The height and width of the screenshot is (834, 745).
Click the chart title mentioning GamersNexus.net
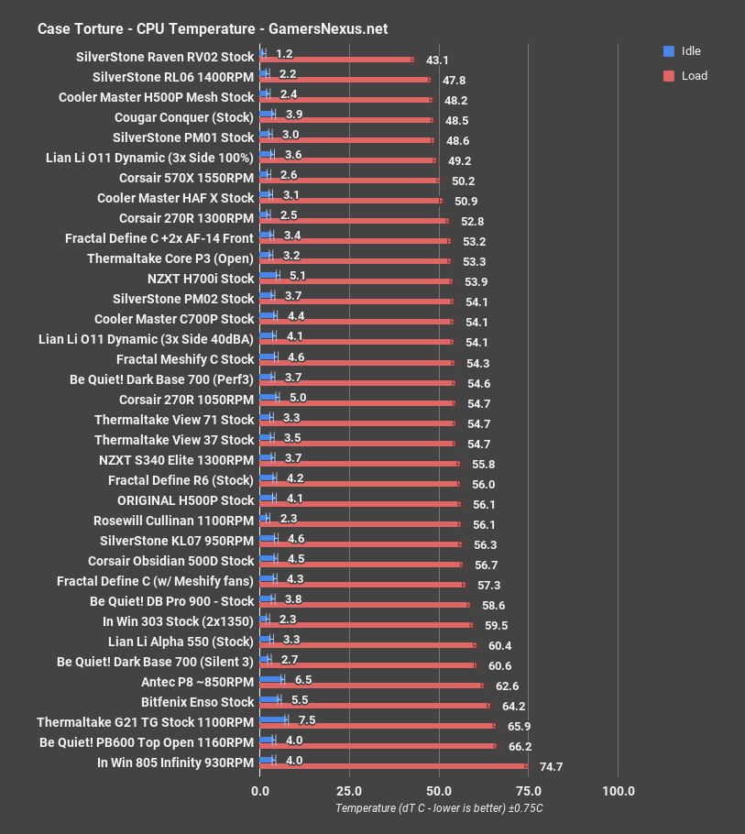pyautogui.click(x=213, y=28)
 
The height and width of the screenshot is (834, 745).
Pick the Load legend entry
pyautogui.click(x=694, y=76)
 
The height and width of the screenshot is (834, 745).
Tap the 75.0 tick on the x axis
pyautogui.click(x=528, y=791)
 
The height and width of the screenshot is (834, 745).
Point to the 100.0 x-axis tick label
pyautogui.click(x=618, y=791)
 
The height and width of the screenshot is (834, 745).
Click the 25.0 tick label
pyautogui.click(x=349, y=791)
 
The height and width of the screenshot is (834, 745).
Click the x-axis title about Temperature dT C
pyautogui.click(x=439, y=808)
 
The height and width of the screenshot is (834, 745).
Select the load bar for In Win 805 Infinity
pyautogui.click(x=394, y=766)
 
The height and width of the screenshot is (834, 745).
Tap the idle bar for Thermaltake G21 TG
pyautogui.click(x=274, y=719)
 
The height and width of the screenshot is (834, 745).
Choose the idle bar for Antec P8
pyautogui.click(x=272, y=679)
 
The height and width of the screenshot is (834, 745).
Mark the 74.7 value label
pyautogui.click(x=551, y=767)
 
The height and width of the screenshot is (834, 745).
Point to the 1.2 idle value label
pyautogui.click(x=284, y=54)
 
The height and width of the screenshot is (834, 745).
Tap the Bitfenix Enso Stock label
pyautogui.click(x=197, y=702)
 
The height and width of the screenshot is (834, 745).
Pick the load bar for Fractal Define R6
pyautogui.click(x=360, y=484)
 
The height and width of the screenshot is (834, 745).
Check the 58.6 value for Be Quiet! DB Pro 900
pyautogui.click(x=493, y=606)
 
